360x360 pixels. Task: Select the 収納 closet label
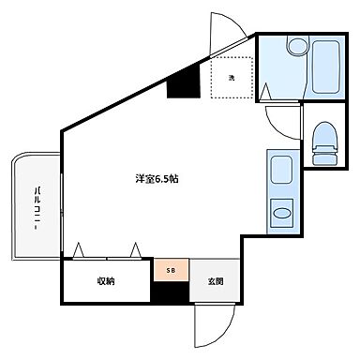tap(105, 281)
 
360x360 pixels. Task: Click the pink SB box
tap(171, 270)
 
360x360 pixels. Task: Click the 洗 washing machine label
tap(232, 79)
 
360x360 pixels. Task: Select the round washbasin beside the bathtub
tap(298, 47)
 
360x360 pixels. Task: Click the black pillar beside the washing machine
tap(183, 84)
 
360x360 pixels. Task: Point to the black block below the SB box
tap(171, 293)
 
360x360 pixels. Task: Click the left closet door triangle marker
tap(79, 249)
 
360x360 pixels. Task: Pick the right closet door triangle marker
tap(137, 249)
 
